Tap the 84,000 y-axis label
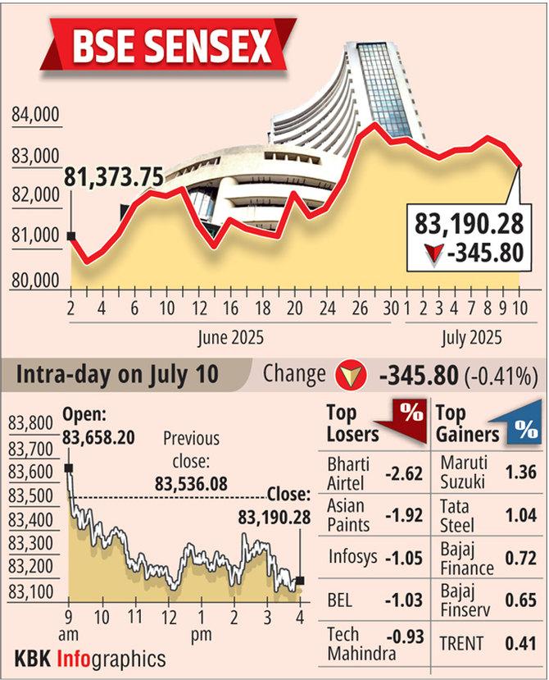[36, 115]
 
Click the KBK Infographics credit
[90, 658]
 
